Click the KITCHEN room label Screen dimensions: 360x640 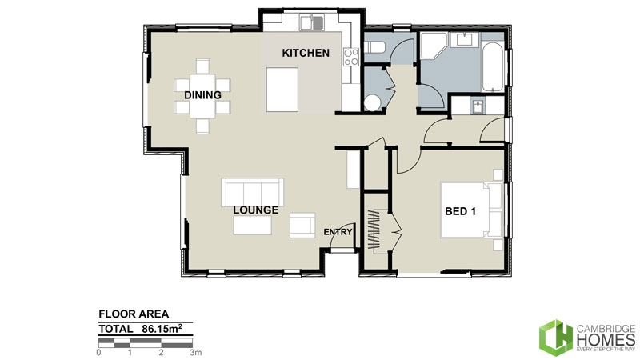[305, 54]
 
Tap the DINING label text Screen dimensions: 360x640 [202, 95]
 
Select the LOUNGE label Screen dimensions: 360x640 [255, 210]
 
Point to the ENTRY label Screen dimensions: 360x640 [337, 232]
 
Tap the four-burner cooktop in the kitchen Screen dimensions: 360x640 [350, 56]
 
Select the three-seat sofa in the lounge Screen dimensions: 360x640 [252, 192]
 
